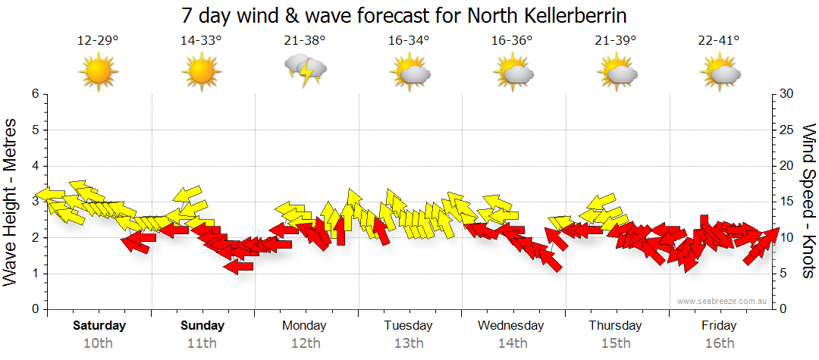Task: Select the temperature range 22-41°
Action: [719, 40]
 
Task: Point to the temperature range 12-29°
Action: [98, 40]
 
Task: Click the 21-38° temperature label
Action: [305, 40]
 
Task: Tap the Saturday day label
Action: [99, 326]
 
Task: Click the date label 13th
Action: [409, 343]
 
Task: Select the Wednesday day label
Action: [511, 326]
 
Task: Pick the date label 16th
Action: [719, 343]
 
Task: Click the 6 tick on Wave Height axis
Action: [34, 94]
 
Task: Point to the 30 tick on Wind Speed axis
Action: [786, 94]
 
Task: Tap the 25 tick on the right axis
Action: [786, 130]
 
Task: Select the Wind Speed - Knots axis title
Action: [808, 201]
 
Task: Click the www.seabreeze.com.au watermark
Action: [723, 301]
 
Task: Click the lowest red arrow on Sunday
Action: [238, 266]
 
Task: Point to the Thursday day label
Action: [615, 326]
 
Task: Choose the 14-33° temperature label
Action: [202, 40]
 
